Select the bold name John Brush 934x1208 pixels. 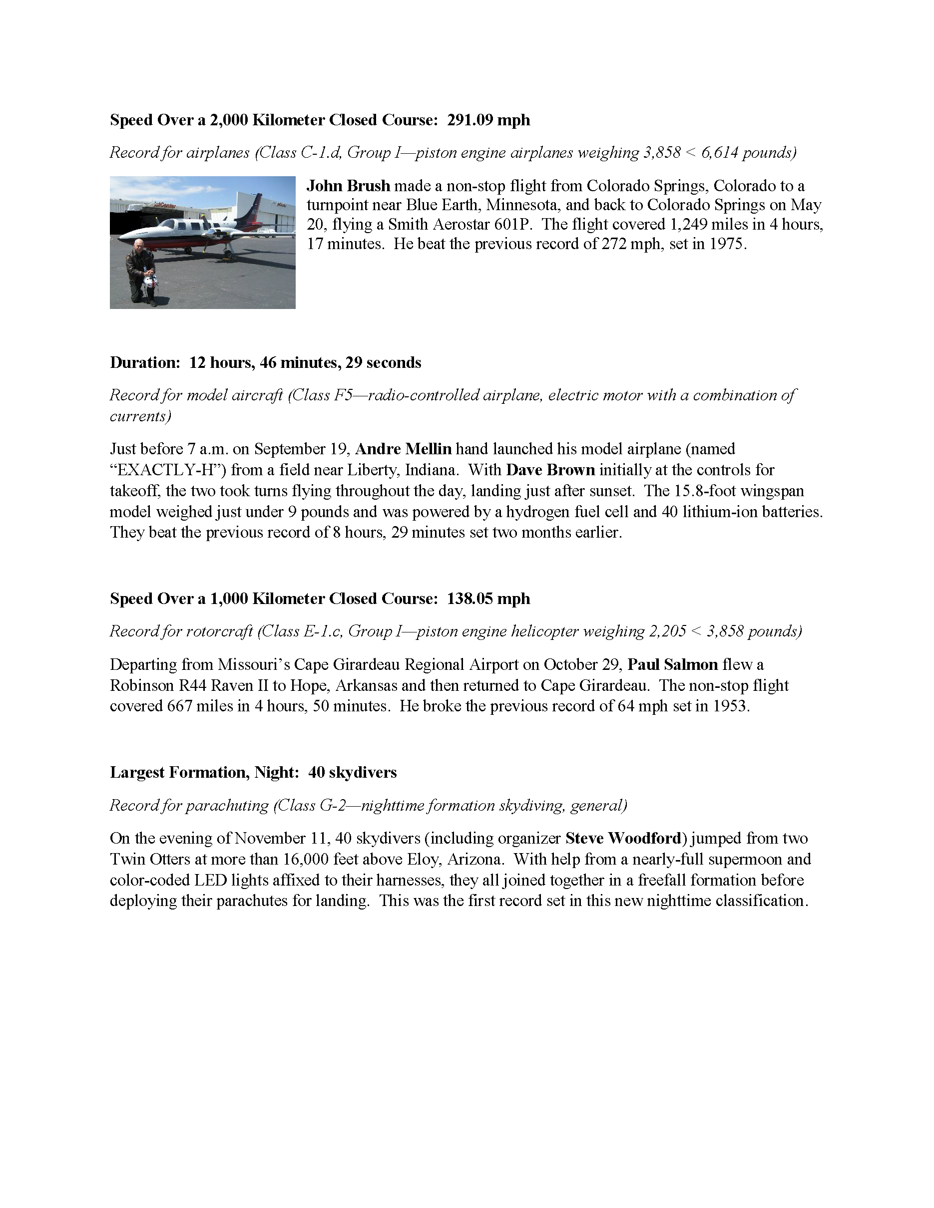point(348,186)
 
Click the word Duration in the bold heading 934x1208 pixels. point(145,362)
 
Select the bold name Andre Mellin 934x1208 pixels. point(403,449)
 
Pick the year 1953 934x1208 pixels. point(728,706)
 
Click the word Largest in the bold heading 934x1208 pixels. point(137,772)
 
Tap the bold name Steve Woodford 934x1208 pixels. point(622,838)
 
